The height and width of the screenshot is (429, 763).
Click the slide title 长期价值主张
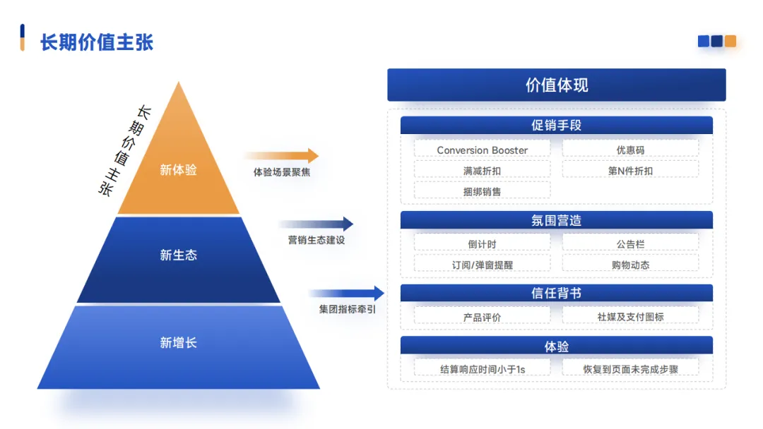click(x=97, y=42)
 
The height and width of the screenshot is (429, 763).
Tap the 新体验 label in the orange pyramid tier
click(x=178, y=170)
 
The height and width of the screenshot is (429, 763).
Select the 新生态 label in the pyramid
click(x=178, y=255)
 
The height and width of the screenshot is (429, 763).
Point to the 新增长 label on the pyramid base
click(x=178, y=343)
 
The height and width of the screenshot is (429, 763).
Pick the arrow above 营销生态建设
click(x=315, y=224)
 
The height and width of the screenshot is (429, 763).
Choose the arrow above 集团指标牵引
click(x=346, y=294)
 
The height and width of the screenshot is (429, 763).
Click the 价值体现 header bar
click(x=556, y=85)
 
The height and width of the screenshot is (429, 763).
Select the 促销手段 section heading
click(x=556, y=126)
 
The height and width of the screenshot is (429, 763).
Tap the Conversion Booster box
click(x=482, y=150)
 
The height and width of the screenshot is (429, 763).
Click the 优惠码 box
click(x=630, y=150)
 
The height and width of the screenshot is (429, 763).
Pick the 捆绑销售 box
click(x=482, y=191)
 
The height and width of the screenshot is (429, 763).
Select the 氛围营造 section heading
click(x=556, y=220)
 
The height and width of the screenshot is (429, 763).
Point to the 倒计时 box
click(x=482, y=244)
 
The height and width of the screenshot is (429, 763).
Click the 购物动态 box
click(x=630, y=265)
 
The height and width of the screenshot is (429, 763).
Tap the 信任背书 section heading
click(x=556, y=293)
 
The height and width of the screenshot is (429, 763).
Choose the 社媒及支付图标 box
click(x=630, y=317)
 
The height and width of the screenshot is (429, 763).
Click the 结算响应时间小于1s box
click(x=482, y=368)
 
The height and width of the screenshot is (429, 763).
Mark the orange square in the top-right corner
click(x=731, y=41)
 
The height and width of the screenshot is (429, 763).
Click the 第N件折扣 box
click(x=630, y=170)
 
